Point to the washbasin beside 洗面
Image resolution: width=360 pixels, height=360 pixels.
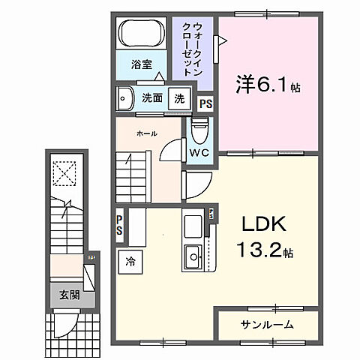point(124,97)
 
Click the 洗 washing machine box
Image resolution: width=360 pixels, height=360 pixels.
point(178,98)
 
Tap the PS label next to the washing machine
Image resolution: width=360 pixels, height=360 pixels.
point(205,104)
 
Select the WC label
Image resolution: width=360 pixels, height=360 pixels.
point(198,152)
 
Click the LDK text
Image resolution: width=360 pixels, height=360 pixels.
point(263,224)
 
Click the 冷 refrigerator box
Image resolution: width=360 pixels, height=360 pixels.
point(130,262)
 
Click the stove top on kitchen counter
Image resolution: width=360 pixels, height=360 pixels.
point(192,224)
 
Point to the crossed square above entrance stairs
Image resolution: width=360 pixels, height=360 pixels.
point(65,175)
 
